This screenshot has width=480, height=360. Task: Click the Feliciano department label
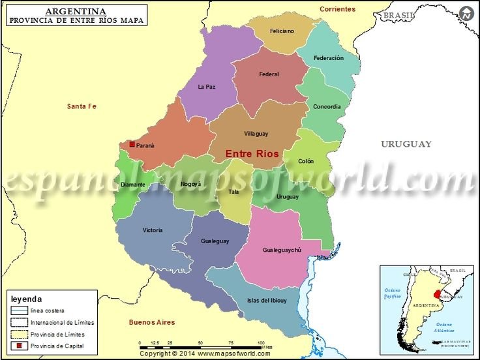[282, 31]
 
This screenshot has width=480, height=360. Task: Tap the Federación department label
[328, 58]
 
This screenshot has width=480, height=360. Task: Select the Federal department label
[269, 74]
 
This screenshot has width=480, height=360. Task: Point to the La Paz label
[206, 87]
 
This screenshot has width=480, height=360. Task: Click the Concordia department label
[327, 107]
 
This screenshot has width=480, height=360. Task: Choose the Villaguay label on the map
[256, 134]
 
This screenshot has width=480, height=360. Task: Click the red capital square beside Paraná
[132, 144]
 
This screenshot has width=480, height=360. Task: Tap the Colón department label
[306, 161]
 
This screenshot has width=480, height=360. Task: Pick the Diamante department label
[133, 185]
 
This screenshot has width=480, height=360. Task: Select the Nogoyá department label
[191, 185]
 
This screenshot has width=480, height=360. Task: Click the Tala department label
[233, 192]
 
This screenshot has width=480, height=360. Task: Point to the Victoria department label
[153, 230]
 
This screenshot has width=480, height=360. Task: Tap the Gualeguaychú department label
[282, 250]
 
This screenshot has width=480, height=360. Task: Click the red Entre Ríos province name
[252, 154]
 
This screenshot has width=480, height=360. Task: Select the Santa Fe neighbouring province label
[82, 106]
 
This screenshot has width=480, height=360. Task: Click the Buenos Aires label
[152, 322]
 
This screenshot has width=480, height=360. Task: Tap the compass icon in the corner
[466, 14]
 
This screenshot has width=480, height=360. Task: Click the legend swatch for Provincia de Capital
[20, 346]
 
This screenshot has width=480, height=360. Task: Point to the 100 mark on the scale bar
[261, 342]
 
